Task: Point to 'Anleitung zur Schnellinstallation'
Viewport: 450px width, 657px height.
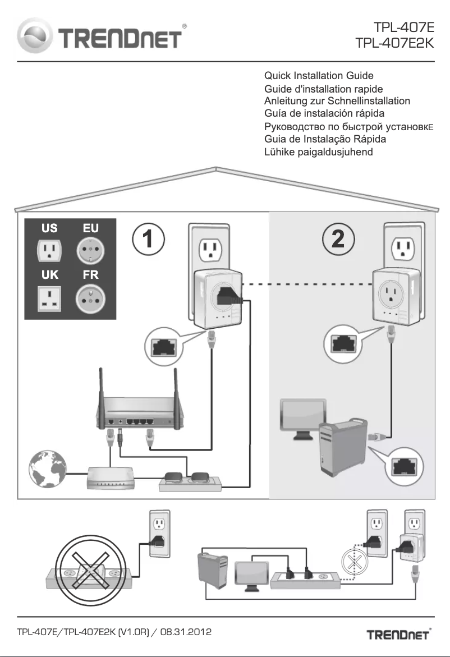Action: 337,101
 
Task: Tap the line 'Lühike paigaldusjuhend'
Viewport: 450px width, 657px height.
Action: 318,151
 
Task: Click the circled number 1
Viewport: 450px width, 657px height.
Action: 148,240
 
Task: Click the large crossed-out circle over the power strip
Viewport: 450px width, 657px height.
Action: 88,555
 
